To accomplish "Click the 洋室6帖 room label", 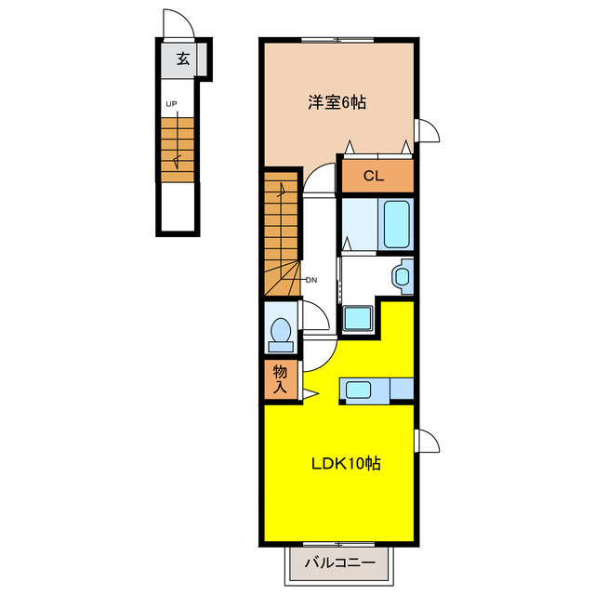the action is click(337, 102).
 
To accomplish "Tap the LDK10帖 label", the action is click(346, 463).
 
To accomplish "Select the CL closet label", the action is click(374, 176).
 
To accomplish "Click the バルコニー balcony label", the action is click(340, 562).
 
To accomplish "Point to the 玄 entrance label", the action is click(183, 59).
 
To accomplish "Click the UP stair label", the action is click(171, 103).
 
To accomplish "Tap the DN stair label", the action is click(311, 281).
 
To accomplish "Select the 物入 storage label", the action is click(280, 379).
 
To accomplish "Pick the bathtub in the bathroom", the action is click(397, 224).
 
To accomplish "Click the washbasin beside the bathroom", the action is click(402, 276).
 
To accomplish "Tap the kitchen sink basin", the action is click(358, 390).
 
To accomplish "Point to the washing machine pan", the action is click(357, 318).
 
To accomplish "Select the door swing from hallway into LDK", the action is click(328, 361).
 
